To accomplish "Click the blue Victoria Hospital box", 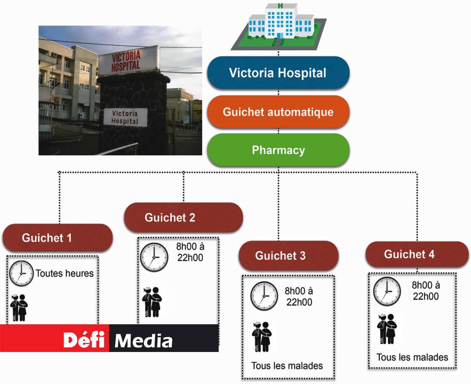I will (278, 73).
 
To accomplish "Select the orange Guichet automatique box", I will (278, 112).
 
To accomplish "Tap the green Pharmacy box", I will (278, 150).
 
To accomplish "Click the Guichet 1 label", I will (58, 238).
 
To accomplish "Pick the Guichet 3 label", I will (288, 255).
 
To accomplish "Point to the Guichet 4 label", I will (409, 254).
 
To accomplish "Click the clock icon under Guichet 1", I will (21, 274).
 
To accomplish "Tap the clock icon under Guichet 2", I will (154, 257).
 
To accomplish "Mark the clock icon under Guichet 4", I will (387, 291).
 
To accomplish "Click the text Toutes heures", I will (65, 274).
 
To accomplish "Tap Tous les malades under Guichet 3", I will (287, 366).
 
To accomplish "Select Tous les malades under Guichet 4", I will (412, 357).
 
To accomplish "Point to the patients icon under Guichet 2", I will (152, 302).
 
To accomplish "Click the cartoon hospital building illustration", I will (278, 25).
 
